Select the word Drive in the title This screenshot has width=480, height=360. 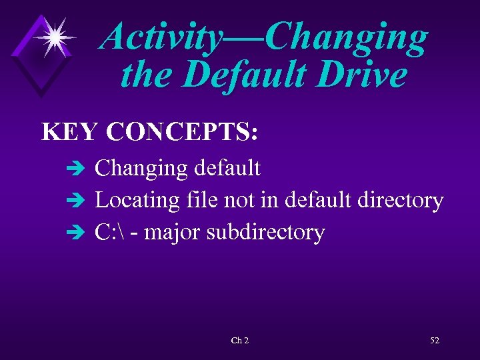(x=363, y=75)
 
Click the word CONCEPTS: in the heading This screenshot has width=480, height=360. (x=181, y=131)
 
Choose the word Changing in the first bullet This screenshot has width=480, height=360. (x=141, y=168)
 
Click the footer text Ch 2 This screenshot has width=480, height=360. (x=240, y=341)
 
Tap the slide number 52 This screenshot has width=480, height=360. (x=435, y=341)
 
